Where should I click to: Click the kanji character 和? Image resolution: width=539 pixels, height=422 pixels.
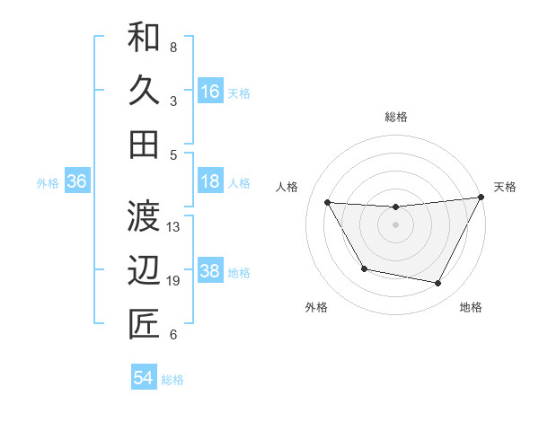coord(144,39)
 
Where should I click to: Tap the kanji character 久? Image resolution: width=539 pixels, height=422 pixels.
coord(144,92)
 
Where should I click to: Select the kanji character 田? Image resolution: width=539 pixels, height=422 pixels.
coord(144,144)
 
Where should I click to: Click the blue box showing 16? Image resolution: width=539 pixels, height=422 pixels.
coord(210,92)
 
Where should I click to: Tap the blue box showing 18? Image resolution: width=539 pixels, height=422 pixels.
coord(210,181)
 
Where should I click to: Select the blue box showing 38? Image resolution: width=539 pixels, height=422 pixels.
coord(210,271)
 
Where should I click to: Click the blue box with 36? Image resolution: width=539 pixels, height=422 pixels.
coord(77,181)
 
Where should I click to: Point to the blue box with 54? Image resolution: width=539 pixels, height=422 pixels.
coord(144,378)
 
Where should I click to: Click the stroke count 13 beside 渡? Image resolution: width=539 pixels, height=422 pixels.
coord(174,227)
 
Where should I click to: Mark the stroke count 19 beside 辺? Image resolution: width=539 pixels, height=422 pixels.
coord(174,281)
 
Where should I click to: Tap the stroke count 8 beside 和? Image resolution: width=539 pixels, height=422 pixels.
coord(173,47)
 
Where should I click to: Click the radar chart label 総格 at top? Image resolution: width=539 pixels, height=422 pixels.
coord(396,117)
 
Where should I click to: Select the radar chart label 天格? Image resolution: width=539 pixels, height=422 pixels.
coord(505,187)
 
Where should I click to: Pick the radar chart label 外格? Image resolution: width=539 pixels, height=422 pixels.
coord(316,307)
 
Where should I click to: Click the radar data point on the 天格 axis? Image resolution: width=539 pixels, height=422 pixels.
coord(482,197)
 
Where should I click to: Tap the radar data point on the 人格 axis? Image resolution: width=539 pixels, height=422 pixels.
coord(328,202)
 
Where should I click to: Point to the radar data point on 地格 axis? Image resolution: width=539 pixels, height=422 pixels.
coord(438,284)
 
